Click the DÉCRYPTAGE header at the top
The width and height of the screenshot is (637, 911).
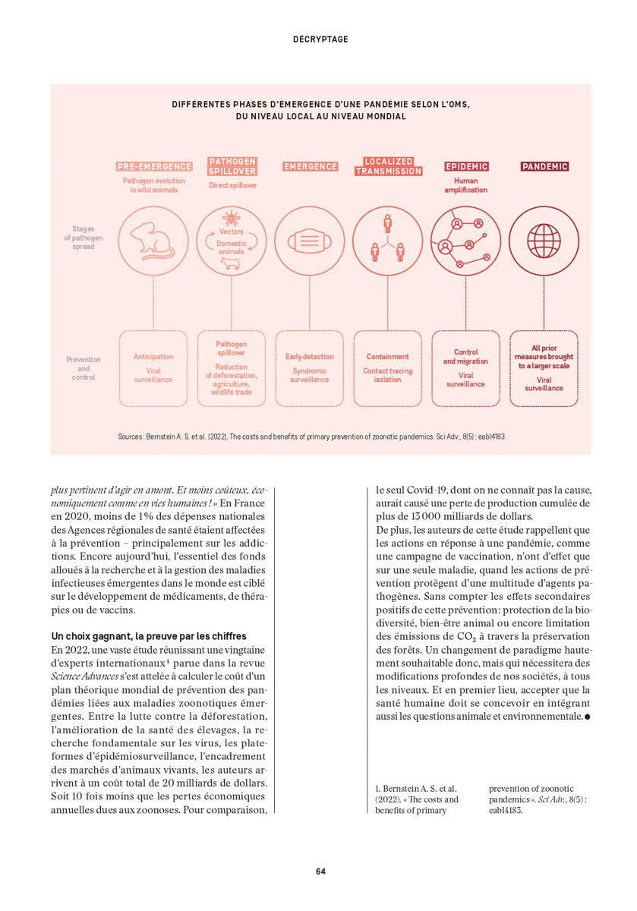click(320, 39)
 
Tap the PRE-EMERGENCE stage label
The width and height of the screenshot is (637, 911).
click(153, 166)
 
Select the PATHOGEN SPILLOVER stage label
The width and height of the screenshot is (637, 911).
click(232, 166)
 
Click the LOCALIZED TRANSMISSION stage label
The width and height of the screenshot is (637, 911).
click(388, 166)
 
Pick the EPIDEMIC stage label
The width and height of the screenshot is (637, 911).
click(466, 166)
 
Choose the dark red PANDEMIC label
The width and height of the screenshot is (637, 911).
click(544, 166)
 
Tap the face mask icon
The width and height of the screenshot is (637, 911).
click(310, 241)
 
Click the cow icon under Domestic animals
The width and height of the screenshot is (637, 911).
click(231, 263)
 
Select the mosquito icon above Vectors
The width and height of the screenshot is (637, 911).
click(232, 217)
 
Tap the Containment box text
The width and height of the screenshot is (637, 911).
click(388, 356)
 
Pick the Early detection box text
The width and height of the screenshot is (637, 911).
click(309, 356)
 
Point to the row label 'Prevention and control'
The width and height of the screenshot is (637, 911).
click(84, 367)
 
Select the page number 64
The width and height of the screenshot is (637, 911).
click(320, 871)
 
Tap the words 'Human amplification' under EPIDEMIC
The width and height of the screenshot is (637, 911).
click(465, 185)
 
